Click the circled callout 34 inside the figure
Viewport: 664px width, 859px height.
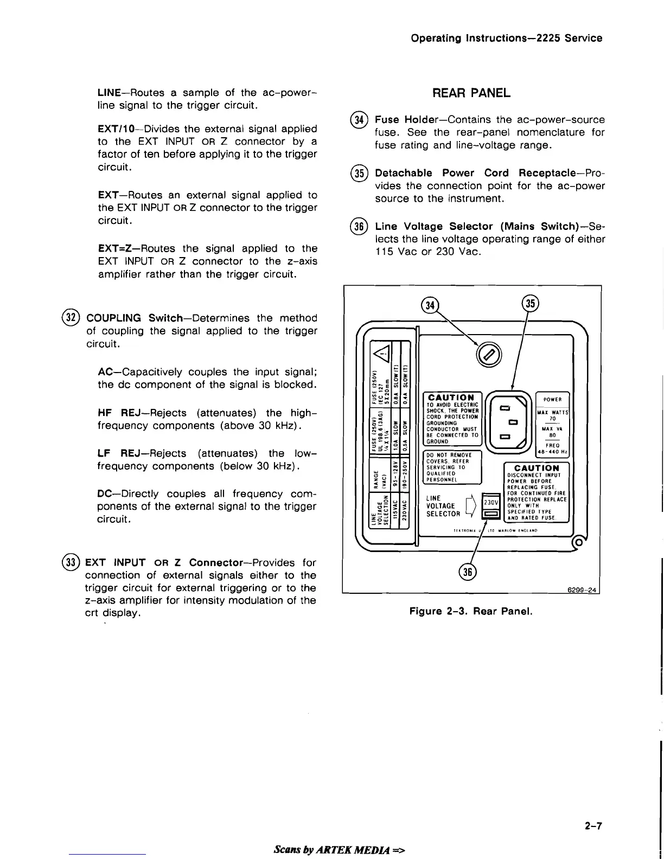point(430,305)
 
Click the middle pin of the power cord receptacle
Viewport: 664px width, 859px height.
point(511,421)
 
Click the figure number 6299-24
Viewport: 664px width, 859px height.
point(584,590)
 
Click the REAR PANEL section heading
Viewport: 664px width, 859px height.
point(471,93)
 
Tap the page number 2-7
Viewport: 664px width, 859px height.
point(593,826)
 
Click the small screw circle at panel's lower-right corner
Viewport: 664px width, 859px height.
point(579,542)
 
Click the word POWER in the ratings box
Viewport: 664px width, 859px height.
point(552,400)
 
